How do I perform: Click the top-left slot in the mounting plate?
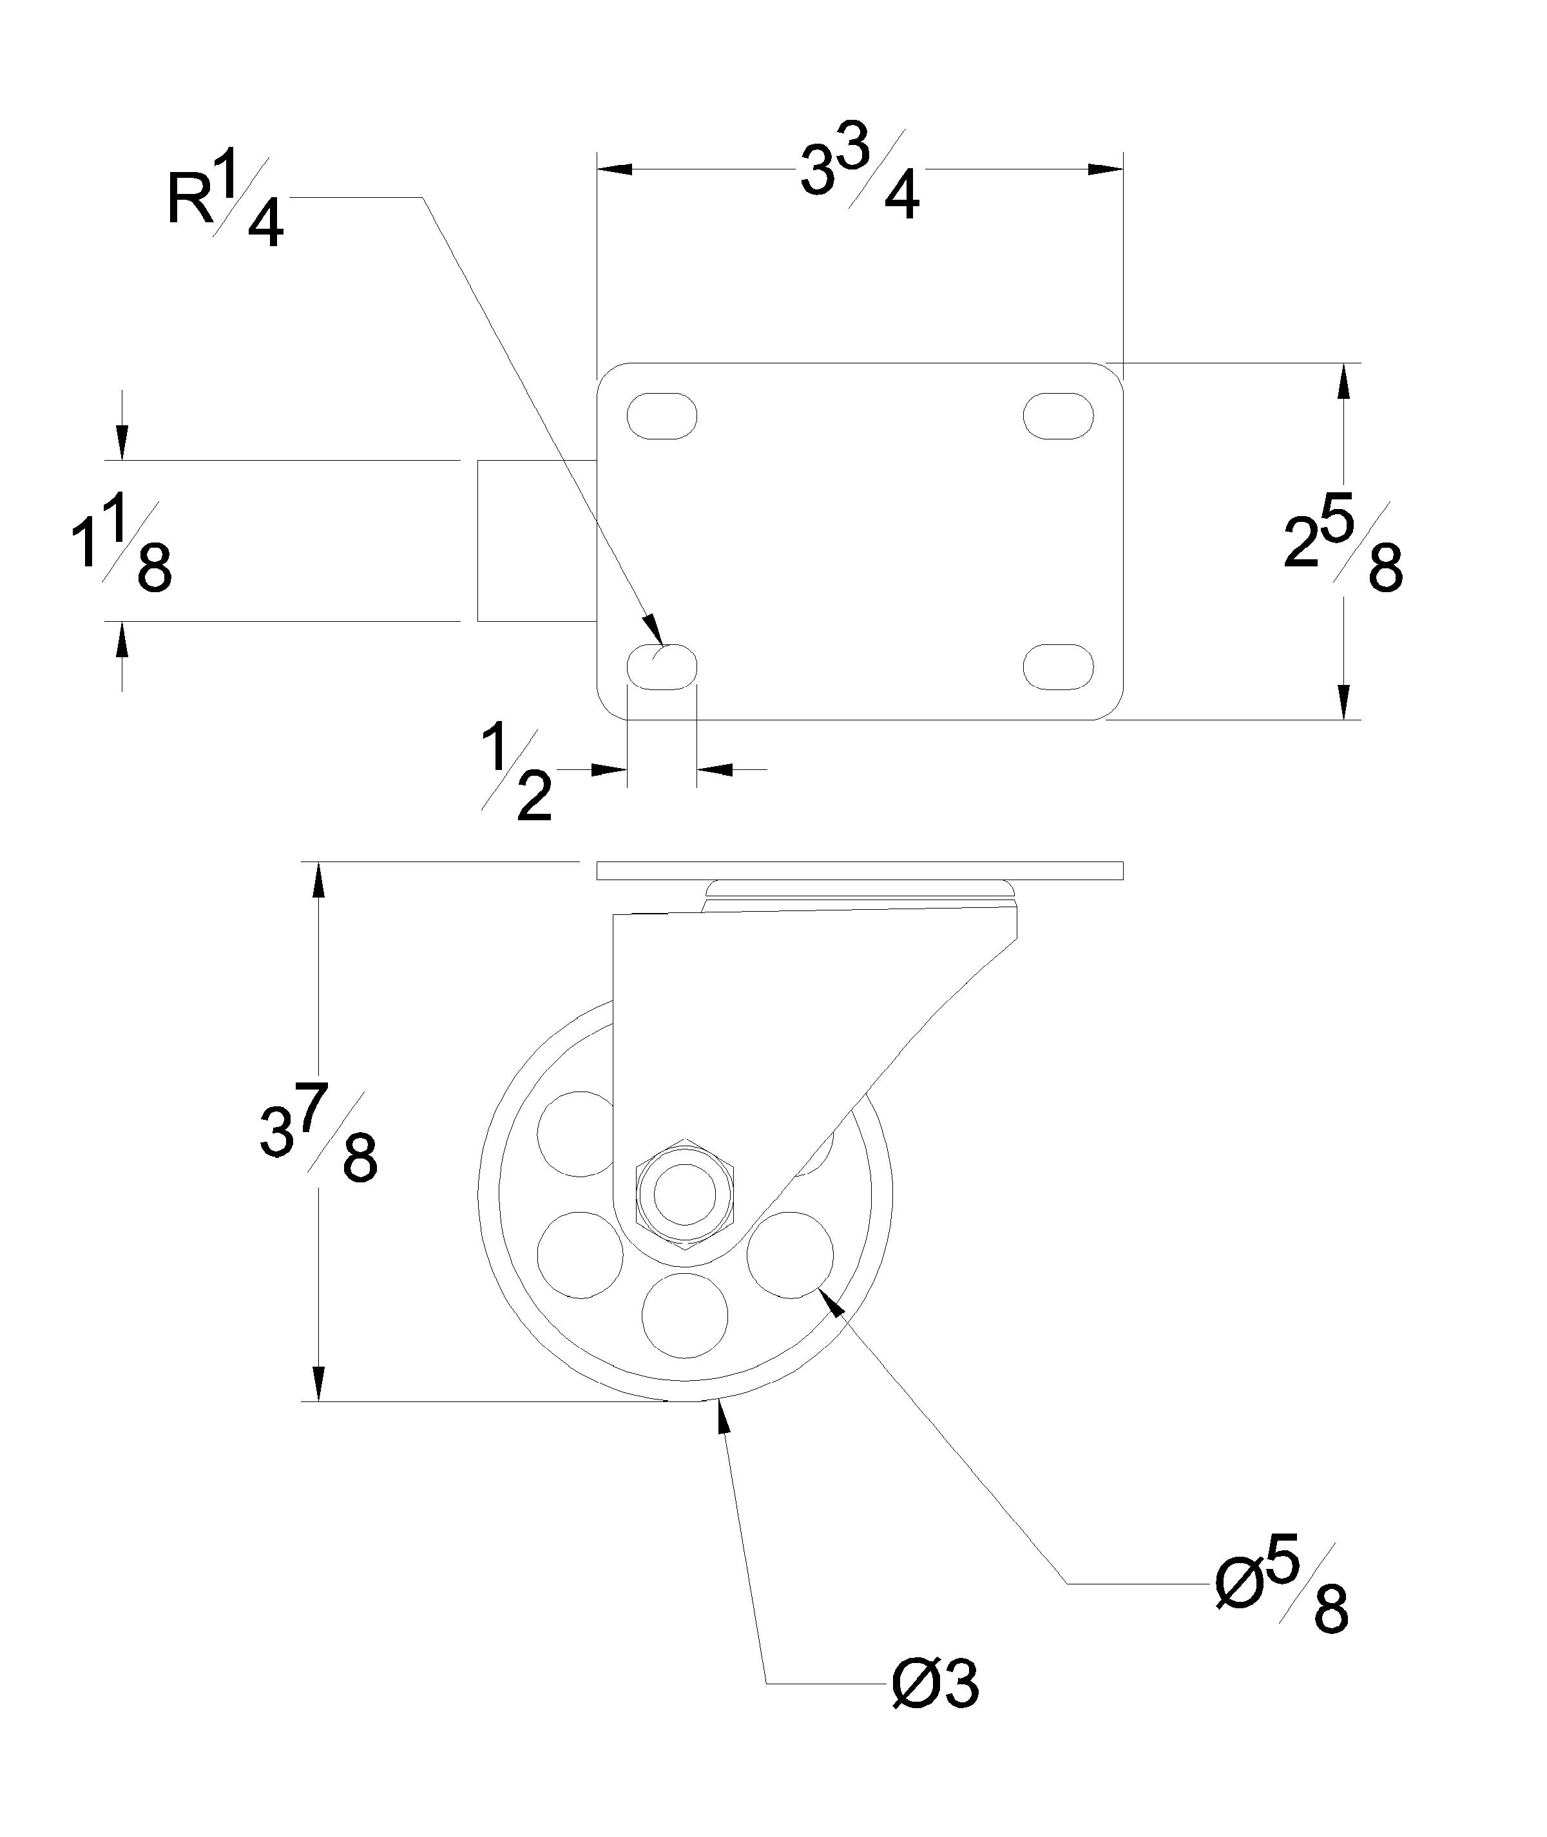click(662, 415)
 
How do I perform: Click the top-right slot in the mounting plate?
click(1059, 415)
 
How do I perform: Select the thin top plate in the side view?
click(860, 870)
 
